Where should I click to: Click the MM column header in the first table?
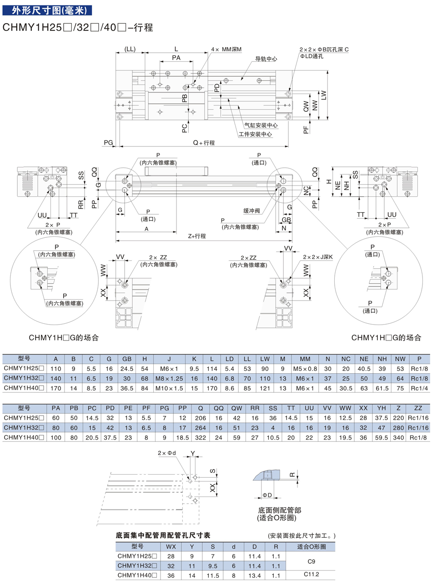click(305, 358)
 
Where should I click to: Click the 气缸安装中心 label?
click(261, 125)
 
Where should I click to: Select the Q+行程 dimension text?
click(203, 142)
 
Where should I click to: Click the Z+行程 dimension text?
click(197, 236)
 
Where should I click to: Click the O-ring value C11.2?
click(311, 574)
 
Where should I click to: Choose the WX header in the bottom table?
click(171, 546)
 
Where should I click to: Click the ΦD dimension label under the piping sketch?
click(267, 495)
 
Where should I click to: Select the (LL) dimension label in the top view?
click(130, 49)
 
